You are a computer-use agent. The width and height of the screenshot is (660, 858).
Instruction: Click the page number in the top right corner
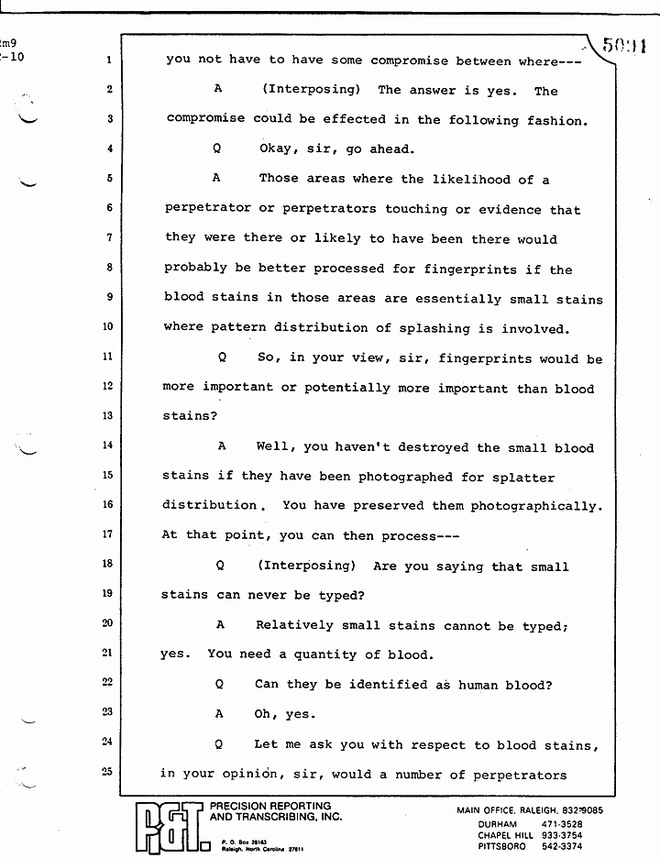[x=625, y=43]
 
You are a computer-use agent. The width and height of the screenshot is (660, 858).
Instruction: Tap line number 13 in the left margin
[x=108, y=415]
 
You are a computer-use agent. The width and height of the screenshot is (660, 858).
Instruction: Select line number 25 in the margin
[x=108, y=772]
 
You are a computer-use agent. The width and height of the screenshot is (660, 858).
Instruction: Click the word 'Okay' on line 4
[x=279, y=149]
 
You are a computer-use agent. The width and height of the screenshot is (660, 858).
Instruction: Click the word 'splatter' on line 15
[x=522, y=477]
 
